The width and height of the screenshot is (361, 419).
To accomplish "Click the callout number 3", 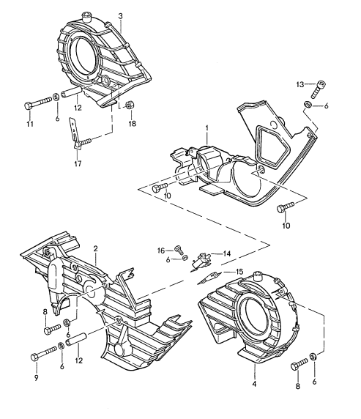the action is point(121,16).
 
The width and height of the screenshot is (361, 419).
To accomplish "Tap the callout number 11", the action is point(30,124).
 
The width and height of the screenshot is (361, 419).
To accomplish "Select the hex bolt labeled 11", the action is point(37,103).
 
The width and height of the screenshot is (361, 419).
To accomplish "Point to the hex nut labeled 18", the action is point(130,105).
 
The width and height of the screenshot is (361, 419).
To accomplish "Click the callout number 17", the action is point(78,163).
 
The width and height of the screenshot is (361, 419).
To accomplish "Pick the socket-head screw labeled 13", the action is point(319,89).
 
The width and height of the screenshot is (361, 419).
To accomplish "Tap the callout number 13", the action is point(300,84).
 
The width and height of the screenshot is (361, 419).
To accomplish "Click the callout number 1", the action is point(207,128).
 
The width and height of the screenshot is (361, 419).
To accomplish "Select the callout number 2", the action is point(96,248).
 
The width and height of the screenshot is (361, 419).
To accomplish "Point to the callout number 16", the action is point(161,251).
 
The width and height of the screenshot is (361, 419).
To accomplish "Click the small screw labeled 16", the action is point(179,250).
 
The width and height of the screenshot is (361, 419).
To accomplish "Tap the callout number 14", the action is point(227,253).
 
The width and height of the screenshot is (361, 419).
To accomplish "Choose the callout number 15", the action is point(239,272).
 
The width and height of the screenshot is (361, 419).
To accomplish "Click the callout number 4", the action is point(254,384).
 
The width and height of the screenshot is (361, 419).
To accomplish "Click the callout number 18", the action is point(133,123).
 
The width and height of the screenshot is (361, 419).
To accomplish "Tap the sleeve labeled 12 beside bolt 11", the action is point(71,93).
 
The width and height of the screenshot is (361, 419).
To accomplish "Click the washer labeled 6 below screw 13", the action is point(308,105).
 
